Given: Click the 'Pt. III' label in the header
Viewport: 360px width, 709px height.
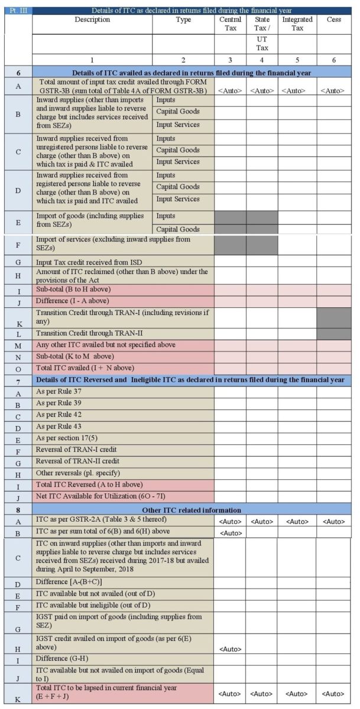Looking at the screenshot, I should pyautogui.click(x=17, y=11).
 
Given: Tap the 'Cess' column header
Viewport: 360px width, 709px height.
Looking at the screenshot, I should pyautogui.click(x=333, y=20).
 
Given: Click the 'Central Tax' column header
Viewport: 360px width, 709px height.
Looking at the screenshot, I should pyautogui.click(x=230, y=24).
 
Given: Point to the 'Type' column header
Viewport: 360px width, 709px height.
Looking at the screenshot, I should pyautogui.click(x=183, y=20).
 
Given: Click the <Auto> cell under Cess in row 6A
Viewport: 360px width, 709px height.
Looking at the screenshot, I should pyautogui.click(x=333, y=90).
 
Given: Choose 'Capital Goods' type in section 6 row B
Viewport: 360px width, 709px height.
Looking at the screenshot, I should pyautogui.click(x=178, y=112).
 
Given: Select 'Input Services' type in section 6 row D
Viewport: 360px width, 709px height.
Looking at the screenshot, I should pyautogui.click(x=178, y=199).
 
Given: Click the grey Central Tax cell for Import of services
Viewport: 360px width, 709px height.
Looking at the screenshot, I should pyautogui.click(x=230, y=243).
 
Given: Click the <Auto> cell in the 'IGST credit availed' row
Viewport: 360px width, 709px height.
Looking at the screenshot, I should pyautogui.click(x=230, y=649).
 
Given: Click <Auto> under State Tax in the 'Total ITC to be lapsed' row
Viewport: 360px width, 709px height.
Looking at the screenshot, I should pyautogui.click(x=262, y=692).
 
